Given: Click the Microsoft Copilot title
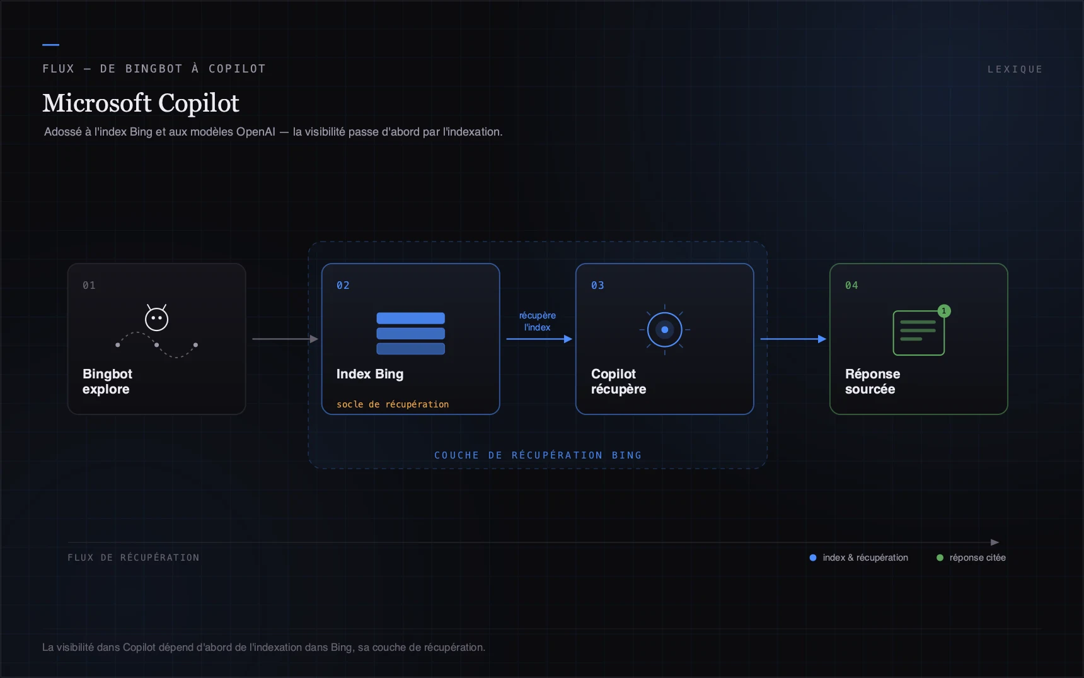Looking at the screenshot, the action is point(141,103).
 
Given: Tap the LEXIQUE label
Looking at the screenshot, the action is point(1015,69).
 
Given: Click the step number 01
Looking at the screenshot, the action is point(89,285).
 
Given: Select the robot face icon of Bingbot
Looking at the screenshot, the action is point(157,318).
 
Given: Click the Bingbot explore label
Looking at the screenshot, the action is point(107,382).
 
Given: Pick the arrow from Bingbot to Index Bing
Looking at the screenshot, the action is point(285,339).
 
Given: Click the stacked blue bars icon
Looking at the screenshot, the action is point(410,333).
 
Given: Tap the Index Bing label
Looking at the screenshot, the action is point(370,374).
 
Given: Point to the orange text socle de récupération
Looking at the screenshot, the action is point(393,404).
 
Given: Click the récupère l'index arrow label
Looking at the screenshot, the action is point(538,321).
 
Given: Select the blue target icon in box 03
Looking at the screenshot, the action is point(664,329).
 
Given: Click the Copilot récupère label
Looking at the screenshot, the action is point(618,382).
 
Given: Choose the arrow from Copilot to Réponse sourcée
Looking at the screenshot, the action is point(793,339).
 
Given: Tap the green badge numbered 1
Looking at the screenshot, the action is point(943,311).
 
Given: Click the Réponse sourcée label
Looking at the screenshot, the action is point(872,382).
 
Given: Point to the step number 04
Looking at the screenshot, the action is point(851,285).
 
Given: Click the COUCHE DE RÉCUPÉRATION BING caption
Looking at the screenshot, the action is point(538,455).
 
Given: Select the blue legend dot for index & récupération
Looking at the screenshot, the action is point(813,558).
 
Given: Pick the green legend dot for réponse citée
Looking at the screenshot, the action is point(940,558).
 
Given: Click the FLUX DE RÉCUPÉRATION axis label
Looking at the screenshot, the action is point(134,558).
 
